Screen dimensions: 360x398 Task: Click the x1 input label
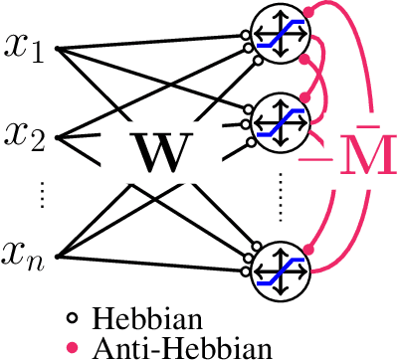25,46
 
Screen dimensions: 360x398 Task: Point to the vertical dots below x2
42,196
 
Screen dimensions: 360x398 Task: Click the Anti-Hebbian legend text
179,347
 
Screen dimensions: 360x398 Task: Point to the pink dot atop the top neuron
309,10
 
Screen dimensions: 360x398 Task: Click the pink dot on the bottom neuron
309,247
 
